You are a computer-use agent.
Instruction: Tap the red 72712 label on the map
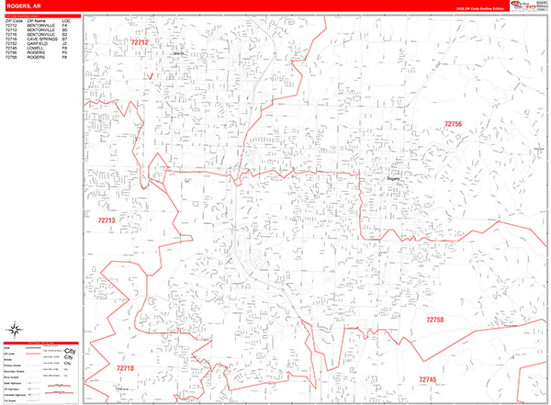click(x=141, y=41)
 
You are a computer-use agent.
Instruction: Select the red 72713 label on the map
click(x=107, y=220)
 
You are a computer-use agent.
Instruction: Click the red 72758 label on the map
click(x=434, y=320)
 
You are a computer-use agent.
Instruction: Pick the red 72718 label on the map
click(x=125, y=368)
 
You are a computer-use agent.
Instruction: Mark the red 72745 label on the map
click(x=428, y=379)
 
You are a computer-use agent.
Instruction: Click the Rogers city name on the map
click(x=395, y=179)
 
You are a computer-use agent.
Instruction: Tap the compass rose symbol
click(x=17, y=329)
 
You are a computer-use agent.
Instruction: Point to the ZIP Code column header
click(x=13, y=20)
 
